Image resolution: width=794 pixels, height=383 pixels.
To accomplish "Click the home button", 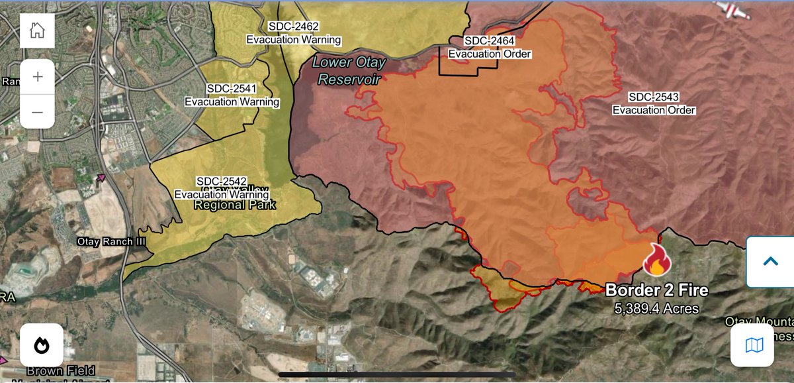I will pyautogui.click(x=37, y=30).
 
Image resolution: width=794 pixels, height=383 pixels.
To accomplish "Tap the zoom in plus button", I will pyautogui.click(x=37, y=77).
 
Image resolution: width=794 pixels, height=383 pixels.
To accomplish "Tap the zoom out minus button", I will pyautogui.click(x=37, y=112).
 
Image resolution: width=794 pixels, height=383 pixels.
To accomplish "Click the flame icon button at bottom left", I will pyautogui.click(x=42, y=345).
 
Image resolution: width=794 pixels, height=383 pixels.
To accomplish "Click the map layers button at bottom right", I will pyautogui.click(x=754, y=345).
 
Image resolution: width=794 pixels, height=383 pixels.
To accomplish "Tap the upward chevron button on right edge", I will pyautogui.click(x=770, y=261).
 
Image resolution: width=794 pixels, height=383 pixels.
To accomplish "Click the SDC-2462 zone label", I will pyautogui.click(x=294, y=27).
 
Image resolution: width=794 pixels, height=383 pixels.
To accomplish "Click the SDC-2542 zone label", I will pyautogui.click(x=222, y=182).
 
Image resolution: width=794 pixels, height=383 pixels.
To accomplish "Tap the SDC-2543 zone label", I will pyautogui.click(x=654, y=97).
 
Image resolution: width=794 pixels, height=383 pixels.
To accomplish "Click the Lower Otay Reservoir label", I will pyautogui.click(x=347, y=70).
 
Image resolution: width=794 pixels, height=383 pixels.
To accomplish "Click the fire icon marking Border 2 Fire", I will pyautogui.click(x=656, y=260).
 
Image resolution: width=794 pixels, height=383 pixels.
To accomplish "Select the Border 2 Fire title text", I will pyautogui.click(x=656, y=290).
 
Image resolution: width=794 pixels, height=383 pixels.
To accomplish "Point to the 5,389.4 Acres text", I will pyautogui.click(x=656, y=308).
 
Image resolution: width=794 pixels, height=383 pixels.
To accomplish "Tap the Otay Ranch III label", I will pyautogui.click(x=111, y=242).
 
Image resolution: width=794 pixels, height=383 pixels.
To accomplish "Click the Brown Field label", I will pyautogui.click(x=61, y=371).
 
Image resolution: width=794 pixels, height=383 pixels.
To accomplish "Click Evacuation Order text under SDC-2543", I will pyautogui.click(x=654, y=110).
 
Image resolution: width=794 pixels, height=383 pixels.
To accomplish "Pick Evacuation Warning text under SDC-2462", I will pyautogui.click(x=294, y=40).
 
